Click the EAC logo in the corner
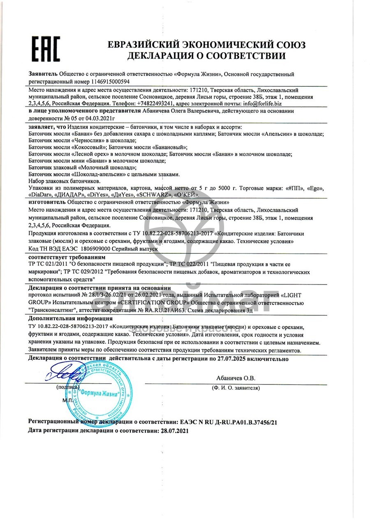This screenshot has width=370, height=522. click(46, 48)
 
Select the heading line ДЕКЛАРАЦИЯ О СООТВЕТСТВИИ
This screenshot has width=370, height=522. click(206, 56)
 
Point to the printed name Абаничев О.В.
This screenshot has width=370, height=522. click(236, 378)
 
